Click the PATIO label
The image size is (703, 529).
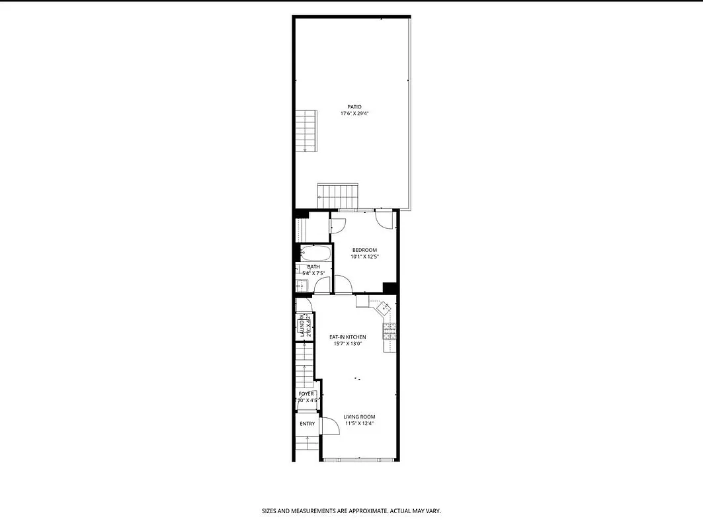(x=355, y=106)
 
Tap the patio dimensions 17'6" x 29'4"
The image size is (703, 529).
(x=355, y=114)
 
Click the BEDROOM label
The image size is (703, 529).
(x=364, y=249)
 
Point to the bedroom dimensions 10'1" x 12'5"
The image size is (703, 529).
(x=364, y=257)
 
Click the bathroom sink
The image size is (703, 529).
(x=302, y=286)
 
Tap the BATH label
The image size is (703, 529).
(x=313, y=266)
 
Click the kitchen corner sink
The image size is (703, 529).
(x=384, y=307)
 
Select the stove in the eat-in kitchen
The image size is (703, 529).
(x=389, y=331)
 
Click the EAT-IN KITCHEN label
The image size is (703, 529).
(x=348, y=337)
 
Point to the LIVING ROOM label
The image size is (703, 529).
(x=359, y=417)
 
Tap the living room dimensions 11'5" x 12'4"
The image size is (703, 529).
(x=359, y=424)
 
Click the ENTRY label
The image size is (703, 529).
(x=307, y=424)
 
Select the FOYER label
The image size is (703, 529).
(x=306, y=393)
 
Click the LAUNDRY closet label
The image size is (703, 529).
(x=302, y=326)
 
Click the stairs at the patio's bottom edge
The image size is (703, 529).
(x=337, y=196)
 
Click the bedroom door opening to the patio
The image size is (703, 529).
(x=384, y=219)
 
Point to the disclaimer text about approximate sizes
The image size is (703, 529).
(x=351, y=511)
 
